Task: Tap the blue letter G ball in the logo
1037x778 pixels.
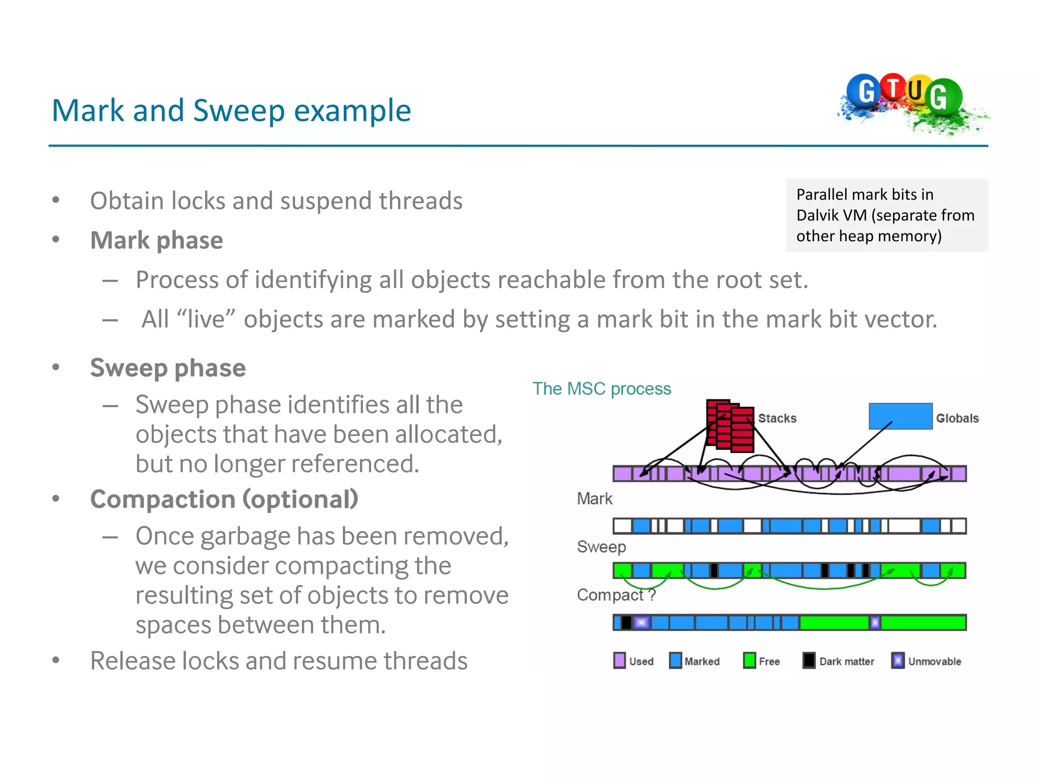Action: pyautogui.click(x=865, y=91)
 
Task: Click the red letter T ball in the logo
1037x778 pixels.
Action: pyautogui.click(x=893, y=87)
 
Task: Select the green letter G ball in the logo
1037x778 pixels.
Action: pyautogui.click(x=942, y=96)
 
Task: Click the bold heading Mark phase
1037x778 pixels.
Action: pyautogui.click(x=156, y=240)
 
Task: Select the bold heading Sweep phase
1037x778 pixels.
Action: pyautogui.click(x=168, y=368)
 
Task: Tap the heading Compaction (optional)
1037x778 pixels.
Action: pyautogui.click(x=224, y=499)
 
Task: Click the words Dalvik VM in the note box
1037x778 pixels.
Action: pyautogui.click(x=831, y=215)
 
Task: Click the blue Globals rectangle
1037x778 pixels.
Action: pyautogui.click(x=900, y=416)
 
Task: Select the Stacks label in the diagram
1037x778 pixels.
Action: pyautogui.click(x=777, y=418)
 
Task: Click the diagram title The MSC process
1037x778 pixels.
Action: pyautogui.click(x=602, y=388)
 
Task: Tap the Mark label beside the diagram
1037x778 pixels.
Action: pyautogui.click(x=594, y=499)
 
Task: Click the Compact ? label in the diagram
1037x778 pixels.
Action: pyautogui.click(x=616, y=595)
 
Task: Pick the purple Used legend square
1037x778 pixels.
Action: pyautogui.click(x=619, y=660)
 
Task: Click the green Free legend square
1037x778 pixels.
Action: pyautogui.click(x=749, y=660)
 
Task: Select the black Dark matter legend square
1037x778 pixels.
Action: pyautogui.click(x=809, y=660)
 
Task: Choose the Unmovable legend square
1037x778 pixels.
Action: pyautogui.click(x=897, y=660)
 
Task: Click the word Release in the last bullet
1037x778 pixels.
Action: pyautogui.click(x=132, y=661)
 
